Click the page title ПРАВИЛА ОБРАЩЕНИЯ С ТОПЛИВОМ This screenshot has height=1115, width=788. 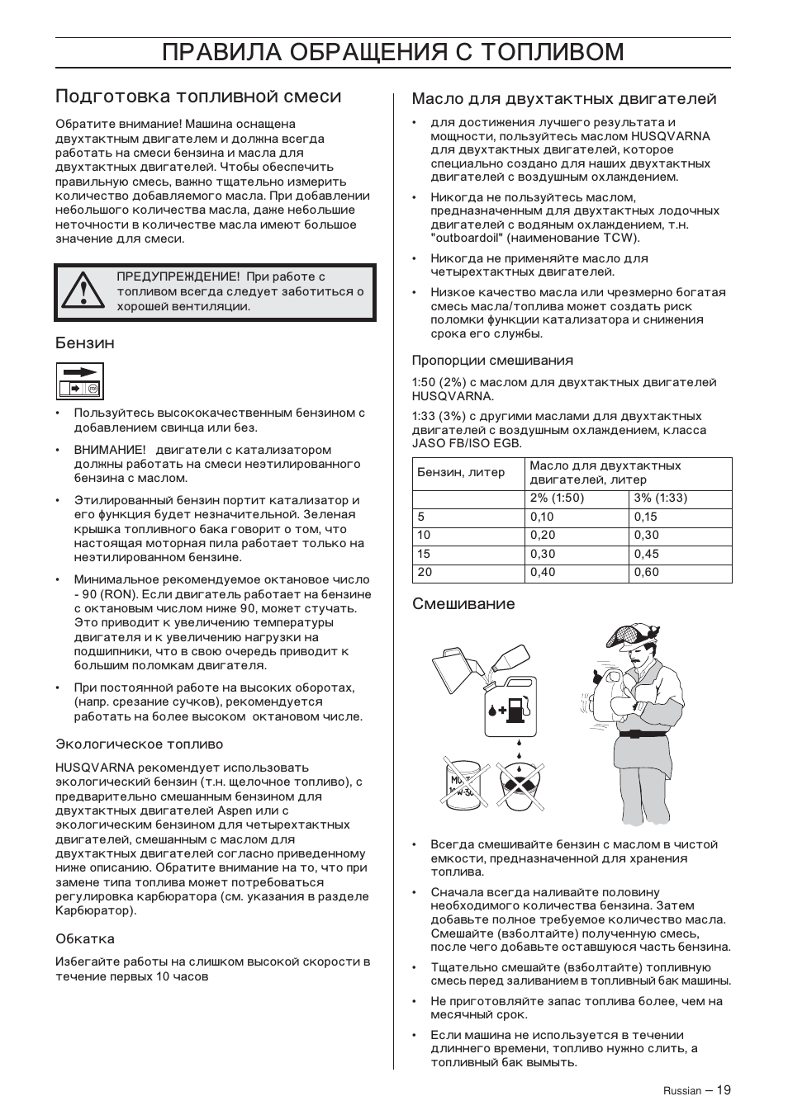click(393, 52)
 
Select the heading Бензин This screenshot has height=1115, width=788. click(85, 343)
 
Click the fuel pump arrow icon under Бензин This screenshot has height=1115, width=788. click(80, 380)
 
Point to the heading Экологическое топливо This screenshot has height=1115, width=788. click(139, 744)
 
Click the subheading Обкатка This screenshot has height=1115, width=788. click(85, 939)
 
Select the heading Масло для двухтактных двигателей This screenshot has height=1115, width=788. click(564, 99)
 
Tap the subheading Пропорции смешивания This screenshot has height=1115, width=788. click(492, 361)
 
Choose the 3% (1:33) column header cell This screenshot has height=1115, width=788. click(661, 498)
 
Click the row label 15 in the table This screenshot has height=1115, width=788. click(425, 555)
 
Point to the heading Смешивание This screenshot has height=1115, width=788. click(463, 604)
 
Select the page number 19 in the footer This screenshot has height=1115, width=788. click(724, 1090)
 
